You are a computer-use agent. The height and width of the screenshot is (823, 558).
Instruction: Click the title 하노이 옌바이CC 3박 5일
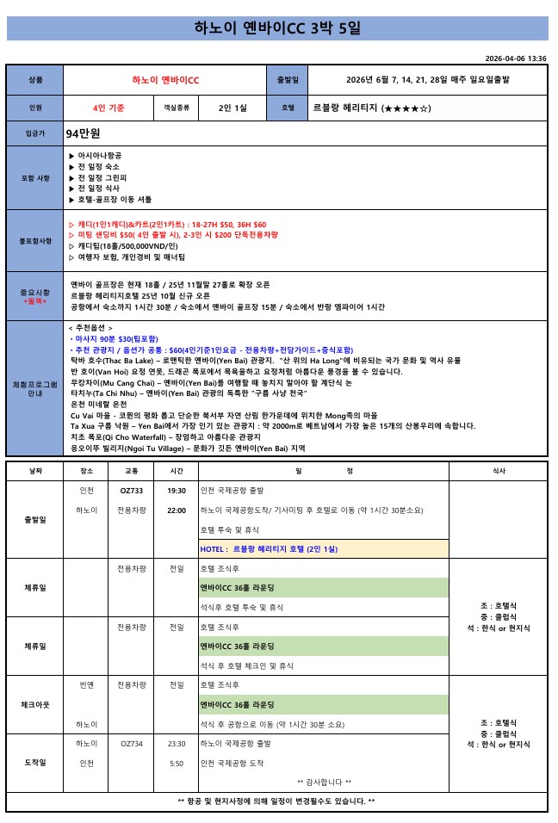pos(277,28)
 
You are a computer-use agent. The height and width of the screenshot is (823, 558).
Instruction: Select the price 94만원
pos(84,133)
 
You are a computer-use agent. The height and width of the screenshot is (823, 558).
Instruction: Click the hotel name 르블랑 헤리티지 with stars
pos(371,108)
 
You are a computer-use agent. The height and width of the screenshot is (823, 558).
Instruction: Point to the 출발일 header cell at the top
pos(288,80)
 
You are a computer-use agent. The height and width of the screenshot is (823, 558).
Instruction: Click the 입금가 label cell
pos(35,133)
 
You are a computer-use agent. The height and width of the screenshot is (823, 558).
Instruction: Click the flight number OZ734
pos(132,743)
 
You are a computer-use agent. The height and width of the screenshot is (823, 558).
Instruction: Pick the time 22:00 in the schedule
pos(177,510)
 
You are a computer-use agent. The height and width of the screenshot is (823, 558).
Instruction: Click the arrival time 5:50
pos(177,763)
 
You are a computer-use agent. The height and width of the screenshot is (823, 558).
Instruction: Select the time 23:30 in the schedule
pos(177,743)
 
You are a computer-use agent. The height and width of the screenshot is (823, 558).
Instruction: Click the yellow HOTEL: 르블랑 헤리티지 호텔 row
pos(323,548)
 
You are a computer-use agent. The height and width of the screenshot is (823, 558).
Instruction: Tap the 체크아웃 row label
pos(35,704)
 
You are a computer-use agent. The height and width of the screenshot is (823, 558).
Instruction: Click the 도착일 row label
pos(35,762)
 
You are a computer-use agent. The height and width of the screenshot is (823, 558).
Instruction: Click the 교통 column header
pos(132,471)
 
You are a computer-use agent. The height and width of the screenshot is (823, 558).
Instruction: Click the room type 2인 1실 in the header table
pos(232,108)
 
